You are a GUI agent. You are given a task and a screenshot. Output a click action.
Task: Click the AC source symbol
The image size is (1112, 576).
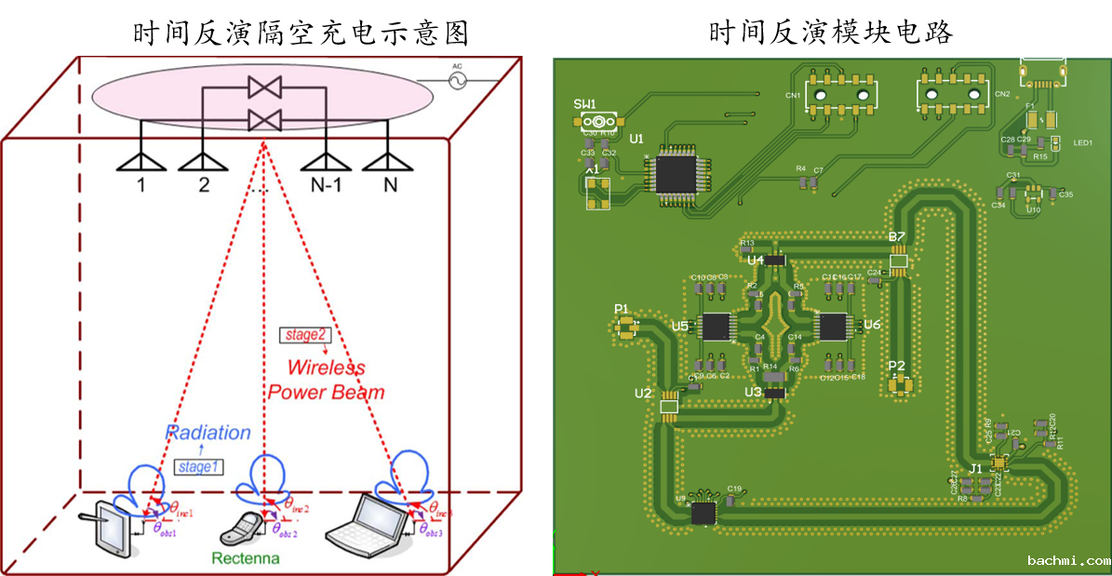457,81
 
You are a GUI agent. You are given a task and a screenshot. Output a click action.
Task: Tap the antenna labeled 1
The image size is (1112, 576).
141,160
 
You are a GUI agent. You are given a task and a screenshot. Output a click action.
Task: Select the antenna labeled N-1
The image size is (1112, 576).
326,160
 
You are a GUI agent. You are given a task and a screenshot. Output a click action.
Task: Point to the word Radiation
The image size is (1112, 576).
208,433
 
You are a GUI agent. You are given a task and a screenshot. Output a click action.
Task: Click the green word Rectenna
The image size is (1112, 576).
246,558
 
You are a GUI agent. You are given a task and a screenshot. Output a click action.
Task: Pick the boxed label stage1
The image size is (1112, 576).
197,466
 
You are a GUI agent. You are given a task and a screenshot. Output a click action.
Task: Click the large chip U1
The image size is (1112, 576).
676,172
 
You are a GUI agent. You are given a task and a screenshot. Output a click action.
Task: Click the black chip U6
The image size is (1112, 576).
833,327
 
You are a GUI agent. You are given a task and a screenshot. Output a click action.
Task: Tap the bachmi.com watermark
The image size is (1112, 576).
1068,560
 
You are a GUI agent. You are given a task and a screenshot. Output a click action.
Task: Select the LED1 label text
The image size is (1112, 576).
1082,143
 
